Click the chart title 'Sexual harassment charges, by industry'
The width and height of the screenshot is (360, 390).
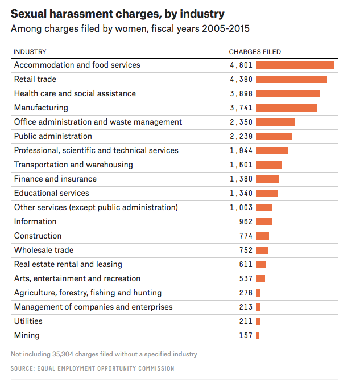(x=118, y=14)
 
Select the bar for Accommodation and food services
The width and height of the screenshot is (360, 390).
(x=295, y=65)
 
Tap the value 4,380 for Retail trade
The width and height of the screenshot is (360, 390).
(x=241, y=79)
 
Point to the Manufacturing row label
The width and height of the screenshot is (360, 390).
(x=41, y=108)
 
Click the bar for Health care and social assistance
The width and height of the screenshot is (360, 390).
(x=288, y=93)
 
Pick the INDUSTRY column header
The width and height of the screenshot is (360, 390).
(x=30, y=52)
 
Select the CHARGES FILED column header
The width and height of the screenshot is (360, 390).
(x=255, y=52)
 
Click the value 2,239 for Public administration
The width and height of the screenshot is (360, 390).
(x=241, y=136)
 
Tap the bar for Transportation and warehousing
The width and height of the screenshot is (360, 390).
(x=269, y=165)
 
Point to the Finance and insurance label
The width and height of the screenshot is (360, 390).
(x=55, y=179)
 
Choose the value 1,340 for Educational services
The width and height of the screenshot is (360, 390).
(x=241, y=193)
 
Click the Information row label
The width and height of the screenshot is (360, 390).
(x=35, y=221)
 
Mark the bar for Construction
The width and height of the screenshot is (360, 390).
(x=263, y=236)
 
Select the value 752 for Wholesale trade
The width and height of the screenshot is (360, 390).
(x=246, y=250)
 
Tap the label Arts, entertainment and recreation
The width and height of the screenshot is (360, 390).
(x=77, y=278)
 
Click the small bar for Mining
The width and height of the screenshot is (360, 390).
(x=258, y=335)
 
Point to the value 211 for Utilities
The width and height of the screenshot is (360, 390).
(x=246, y=321)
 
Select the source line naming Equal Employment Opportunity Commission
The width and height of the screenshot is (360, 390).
(x=92, y=368)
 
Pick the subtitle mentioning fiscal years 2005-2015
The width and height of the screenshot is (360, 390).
(x=130, y=28)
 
